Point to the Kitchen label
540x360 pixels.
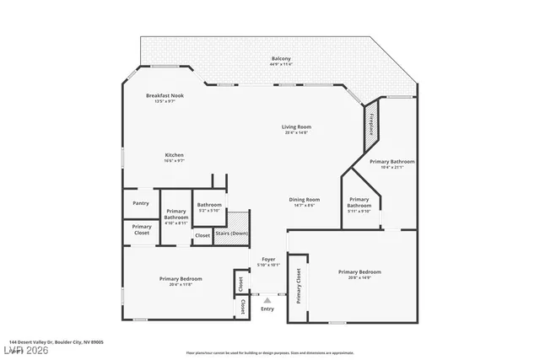tap(174, 157)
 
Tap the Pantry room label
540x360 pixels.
tap(141, 203)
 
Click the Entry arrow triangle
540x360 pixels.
tap(267, 299)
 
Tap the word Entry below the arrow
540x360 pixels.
tap(267, 309)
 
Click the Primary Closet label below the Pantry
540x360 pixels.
tap(142, 229)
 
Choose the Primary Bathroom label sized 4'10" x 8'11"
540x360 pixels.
tap(176, 216)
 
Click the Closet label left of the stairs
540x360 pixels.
tap(202, 236)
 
